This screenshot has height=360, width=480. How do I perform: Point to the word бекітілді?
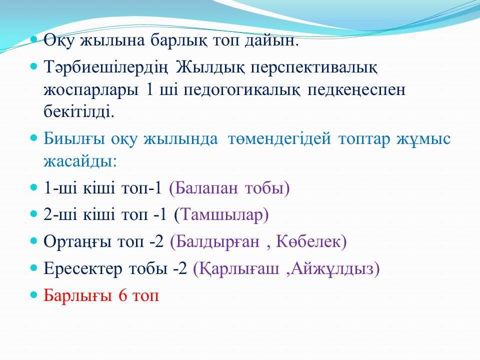78,111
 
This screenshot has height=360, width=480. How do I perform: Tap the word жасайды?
80,161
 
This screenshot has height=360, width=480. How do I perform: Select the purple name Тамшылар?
221,214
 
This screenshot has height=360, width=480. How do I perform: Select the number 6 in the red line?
122,295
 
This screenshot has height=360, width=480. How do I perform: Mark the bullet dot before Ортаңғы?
33,240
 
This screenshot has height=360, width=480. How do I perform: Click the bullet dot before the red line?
33,295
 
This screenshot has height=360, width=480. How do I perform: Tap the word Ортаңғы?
77,242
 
